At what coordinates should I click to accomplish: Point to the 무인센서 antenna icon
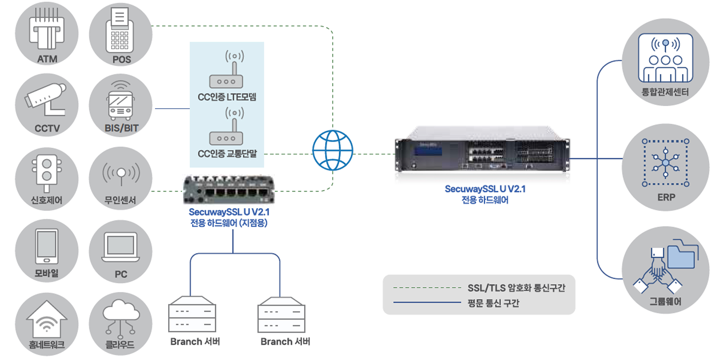pyautogui.click(x=121, y=174)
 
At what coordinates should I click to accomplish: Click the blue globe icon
pyautogui.click(x=333, y=150)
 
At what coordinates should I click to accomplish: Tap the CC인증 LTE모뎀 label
pyautogui.click(x=227, y=97)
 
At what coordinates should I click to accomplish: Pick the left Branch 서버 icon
pyautogui.click(x=192, y=314)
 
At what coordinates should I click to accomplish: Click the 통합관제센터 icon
pyautogui.click(x=665, y=58)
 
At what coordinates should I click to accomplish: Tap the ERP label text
pyautogui.click(x=666, y=197)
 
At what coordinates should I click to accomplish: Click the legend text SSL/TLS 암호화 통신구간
pyautogui.click(x=516, y=288)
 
